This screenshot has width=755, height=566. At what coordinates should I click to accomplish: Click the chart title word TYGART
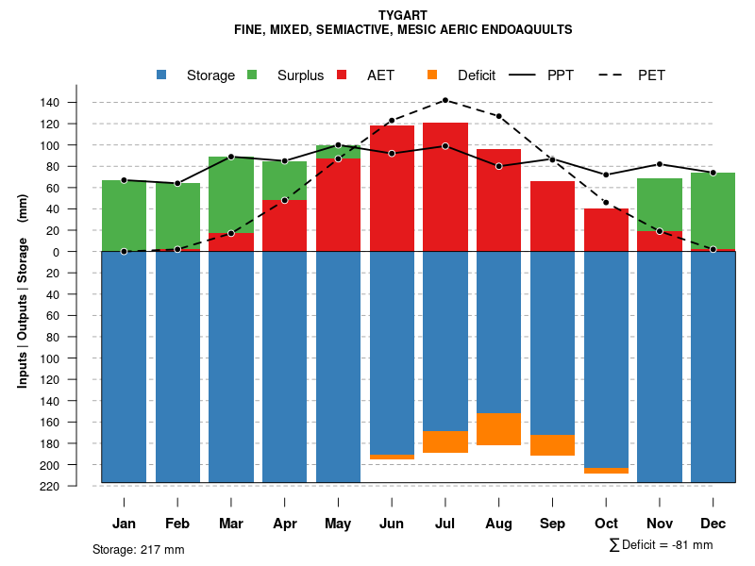(403, 15)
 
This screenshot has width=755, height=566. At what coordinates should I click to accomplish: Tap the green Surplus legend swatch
(253, 75)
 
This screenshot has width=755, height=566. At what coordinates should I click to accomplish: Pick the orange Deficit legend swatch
(433, 75)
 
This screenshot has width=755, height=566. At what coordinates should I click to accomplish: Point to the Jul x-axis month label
(445, 524)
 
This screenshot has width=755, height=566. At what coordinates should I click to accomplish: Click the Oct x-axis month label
(607, 524)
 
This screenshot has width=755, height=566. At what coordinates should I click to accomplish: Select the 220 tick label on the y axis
(76, 486)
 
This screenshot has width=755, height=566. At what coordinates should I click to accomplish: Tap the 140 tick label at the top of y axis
(76, 102)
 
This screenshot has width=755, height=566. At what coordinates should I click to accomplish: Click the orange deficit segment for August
(499, 429)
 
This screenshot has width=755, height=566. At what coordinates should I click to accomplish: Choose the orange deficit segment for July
(445, 441)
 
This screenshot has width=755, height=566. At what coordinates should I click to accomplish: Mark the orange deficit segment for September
(553, 445)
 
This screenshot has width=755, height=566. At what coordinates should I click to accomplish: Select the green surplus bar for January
(124, 215)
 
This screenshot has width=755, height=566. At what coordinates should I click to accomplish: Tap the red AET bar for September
(553, 216)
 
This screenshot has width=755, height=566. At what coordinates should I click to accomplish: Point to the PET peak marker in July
(445, 100)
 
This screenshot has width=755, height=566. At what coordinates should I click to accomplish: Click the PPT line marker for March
(231, 157)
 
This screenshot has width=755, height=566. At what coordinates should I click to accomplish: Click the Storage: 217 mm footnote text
(139, 549)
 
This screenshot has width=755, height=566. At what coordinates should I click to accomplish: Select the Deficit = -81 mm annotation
(662, 545)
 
